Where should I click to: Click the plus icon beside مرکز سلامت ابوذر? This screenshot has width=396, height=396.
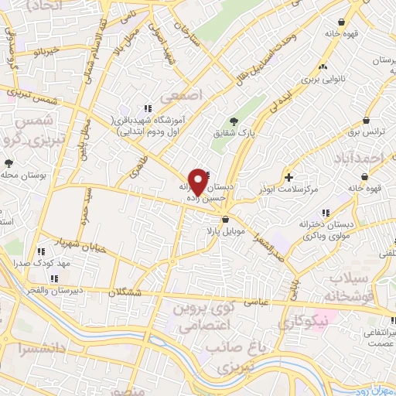click(x=288, y=176)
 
